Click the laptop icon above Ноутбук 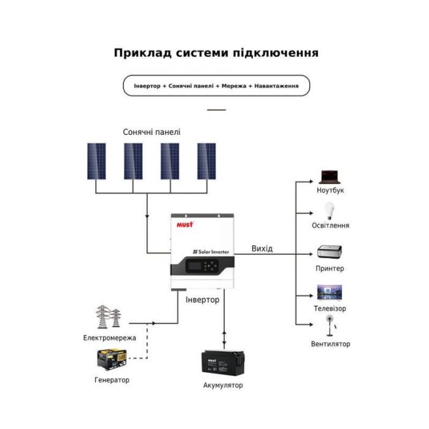(x=330, y=177)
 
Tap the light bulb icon (x=330, y=211)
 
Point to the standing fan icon (x=330, y=327)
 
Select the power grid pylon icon (x=108, y=317)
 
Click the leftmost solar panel (x=96, y=161)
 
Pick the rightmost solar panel (x=207, y=161)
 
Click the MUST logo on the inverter (x=185, y=225)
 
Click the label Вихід (x=262, y=248)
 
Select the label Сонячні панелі (x=151, y=132)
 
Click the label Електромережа (x=110, y=338)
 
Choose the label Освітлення (x=330, y=225)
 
